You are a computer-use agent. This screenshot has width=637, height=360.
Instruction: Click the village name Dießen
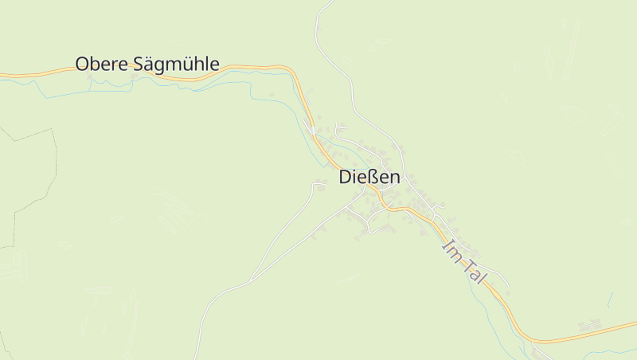[x=369, y=178]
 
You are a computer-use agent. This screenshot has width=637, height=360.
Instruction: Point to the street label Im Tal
[x=464, y=260]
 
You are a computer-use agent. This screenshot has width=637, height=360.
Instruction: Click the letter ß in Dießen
[x=369, y=178]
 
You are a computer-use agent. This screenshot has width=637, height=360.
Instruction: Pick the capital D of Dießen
[x=346, y=178]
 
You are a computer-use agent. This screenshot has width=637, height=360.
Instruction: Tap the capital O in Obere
[x=82, y=64]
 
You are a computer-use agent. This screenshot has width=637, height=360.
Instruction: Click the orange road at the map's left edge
[x=3, y=76]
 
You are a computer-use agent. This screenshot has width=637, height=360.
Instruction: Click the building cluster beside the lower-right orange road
[x=590, y=326]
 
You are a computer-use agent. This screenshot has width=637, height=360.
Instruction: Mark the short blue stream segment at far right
[x=610, y=299]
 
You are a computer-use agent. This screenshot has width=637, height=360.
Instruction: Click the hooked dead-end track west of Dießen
[x=318, y=185]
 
